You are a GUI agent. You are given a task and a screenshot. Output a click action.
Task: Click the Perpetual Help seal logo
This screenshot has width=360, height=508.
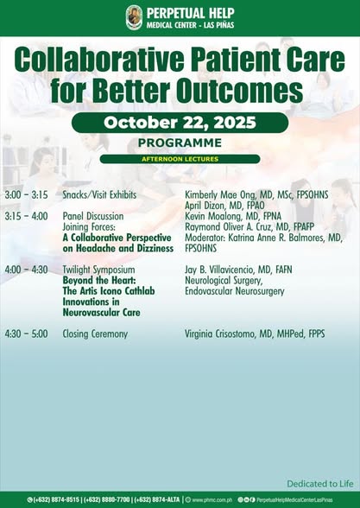click(x=134, y=16)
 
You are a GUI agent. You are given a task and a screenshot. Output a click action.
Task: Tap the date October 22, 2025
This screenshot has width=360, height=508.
click(x=180, y=123)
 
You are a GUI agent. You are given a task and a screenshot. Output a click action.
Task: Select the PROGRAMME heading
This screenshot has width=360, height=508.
click(x=180, y=143)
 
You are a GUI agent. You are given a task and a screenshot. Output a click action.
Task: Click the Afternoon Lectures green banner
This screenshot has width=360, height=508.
click(x=180, y=159)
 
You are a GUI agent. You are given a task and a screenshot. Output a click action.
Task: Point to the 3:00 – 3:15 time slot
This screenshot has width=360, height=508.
click(x=26, y=195)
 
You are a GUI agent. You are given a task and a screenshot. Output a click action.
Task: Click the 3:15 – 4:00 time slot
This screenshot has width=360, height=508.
click(x=26, y=216)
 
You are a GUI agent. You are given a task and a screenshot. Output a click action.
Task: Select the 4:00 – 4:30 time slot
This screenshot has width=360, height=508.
click(x=26, y=270)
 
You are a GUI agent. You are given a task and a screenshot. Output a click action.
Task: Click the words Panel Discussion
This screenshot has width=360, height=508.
click(x=92, y=216)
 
